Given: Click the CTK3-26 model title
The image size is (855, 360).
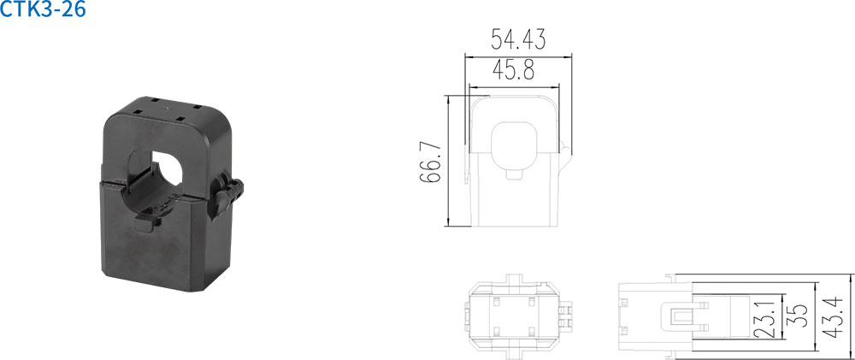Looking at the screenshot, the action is click(x=43, y=9).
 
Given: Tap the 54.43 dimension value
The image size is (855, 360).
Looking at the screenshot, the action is click(x=518, y=40).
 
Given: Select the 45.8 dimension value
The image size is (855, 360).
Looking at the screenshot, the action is click(x=513, y=70).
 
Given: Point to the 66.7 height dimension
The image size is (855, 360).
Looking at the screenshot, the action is click(x=430, y=162).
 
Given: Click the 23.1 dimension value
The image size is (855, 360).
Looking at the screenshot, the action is click(x=769, y=316).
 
